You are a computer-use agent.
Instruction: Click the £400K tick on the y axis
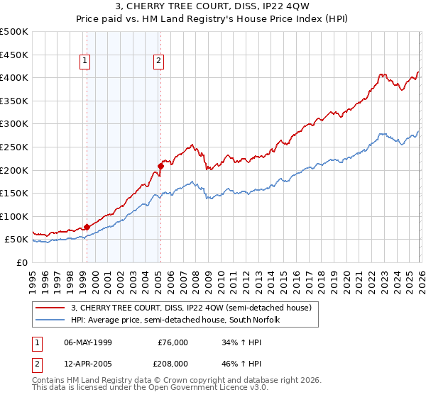coord(14,78)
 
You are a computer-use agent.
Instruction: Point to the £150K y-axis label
coord(14,193)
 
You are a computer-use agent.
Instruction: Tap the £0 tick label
coord(21,262)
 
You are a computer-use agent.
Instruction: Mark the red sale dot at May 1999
coord(87,227)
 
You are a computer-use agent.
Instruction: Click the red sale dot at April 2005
coord(160,167)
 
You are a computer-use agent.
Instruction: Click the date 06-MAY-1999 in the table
coord(90,342)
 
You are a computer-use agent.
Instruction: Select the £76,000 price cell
coord(173,342)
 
